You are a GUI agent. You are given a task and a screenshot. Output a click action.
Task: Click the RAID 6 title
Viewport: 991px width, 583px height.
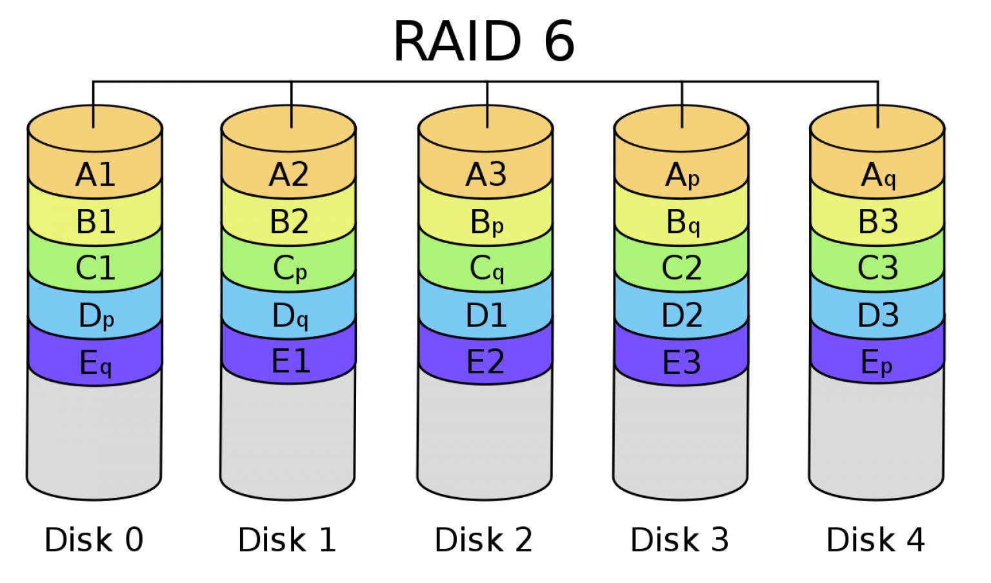tap(484, 41)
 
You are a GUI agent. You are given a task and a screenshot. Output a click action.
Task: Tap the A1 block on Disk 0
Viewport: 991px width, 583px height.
tap(95, 175)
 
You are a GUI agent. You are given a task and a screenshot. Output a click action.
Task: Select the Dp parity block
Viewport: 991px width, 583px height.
tap(95, 316)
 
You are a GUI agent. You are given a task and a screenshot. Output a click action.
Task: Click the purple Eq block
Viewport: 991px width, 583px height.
tap(95, 363)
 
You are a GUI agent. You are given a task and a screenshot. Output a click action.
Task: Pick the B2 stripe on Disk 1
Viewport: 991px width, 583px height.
tap(288, 222)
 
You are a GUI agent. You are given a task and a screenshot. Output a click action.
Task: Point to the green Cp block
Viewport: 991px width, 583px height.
tap(290, 269)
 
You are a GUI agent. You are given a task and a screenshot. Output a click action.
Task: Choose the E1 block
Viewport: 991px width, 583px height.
tap(290, 361)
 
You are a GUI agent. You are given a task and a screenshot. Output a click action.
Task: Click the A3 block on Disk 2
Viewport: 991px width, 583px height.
tap(486, 175)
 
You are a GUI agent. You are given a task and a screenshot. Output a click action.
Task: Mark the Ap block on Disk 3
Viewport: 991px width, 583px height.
tap(682, 175)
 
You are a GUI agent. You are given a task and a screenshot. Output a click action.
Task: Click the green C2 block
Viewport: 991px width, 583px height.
tap(681, 268)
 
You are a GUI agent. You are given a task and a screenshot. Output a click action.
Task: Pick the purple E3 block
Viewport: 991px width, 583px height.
tap(681, 362)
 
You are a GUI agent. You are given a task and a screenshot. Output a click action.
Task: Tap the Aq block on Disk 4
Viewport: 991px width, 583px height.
tap(878, 175)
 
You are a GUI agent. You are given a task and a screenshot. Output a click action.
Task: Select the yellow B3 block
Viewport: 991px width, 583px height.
tap(877, 222)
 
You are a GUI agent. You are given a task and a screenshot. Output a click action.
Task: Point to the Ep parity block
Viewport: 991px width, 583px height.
tap(877, 363)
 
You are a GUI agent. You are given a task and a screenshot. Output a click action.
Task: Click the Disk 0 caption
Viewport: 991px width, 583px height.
tap(94, 540)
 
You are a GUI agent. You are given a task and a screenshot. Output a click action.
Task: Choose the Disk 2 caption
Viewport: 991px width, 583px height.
tap(483, 540)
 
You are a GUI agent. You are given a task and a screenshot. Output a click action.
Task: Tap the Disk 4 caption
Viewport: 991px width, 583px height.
tap(875, 540)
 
